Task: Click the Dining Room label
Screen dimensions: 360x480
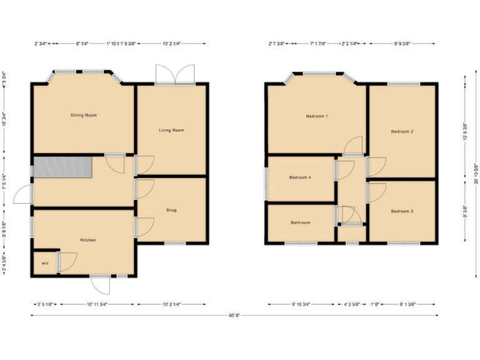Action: click(x=84, y=115)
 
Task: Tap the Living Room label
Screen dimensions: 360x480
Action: click(x=171, y=130)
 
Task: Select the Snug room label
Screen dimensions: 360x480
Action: click(x=171, y=210)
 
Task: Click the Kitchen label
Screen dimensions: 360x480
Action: click(x=87, y=240)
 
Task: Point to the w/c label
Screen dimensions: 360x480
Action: click(x=45, y=263)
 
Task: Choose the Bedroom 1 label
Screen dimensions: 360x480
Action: click(x=317, y=116)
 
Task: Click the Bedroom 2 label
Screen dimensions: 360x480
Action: click(x=402, y=131)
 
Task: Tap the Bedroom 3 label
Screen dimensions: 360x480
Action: click(x=402, y=211)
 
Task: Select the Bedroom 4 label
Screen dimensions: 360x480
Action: click(x=300, y=177)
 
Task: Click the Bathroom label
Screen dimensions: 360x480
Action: click(x=300, y=222)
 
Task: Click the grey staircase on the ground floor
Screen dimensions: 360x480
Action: click(x=63, y=167)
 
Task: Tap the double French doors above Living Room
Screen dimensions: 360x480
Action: click(x=175, y=74)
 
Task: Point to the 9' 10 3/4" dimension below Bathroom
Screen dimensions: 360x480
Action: click(x=301, y=304)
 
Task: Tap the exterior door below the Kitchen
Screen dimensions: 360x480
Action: click(x=100, y=284)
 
